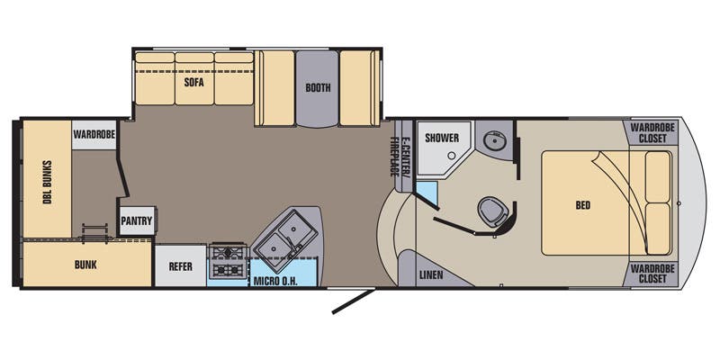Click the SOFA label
[x=193, y=82]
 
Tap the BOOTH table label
[x=318, y=88]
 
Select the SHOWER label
[x=442, y=138]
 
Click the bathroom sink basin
[x=491, y=140]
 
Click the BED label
[x=583, y=205]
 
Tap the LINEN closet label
[x=431, y=274]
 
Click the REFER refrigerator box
[x=180, y=265]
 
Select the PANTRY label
[x=137, y=220]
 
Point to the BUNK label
[x=85, y=265]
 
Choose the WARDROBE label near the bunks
[x=94, y=134]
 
